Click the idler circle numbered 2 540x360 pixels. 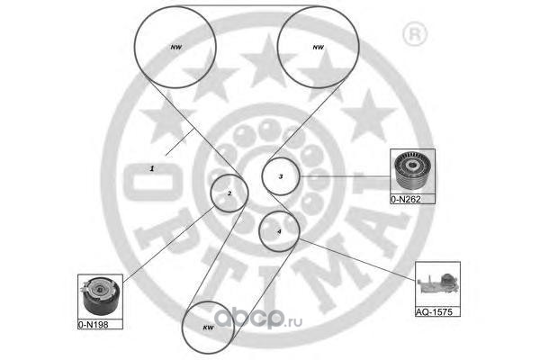(229, 193)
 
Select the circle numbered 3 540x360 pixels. (281, 176)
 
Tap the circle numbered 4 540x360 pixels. (279, 232)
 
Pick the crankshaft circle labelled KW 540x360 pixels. (207, 328)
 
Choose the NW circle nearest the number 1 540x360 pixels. (175, 46)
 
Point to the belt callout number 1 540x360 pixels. (152, 168)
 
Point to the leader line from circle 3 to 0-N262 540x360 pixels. (346, 175)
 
